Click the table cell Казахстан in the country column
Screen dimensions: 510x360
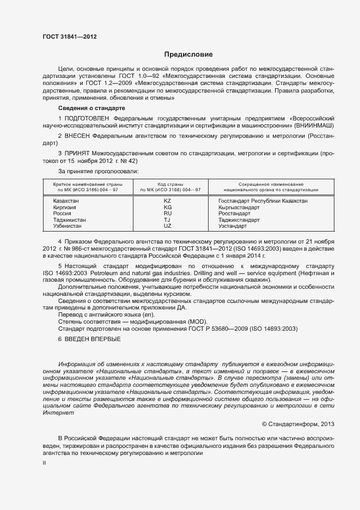point(66,201)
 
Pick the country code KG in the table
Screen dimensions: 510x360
point(167,208)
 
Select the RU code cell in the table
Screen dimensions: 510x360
point(167,214)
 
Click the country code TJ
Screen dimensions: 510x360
point(167,220)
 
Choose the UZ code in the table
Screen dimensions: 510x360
point(167,226)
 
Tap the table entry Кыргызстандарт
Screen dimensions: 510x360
point(239,208)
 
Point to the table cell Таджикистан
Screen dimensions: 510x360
point(69,220)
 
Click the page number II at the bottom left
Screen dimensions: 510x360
point(44,462)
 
